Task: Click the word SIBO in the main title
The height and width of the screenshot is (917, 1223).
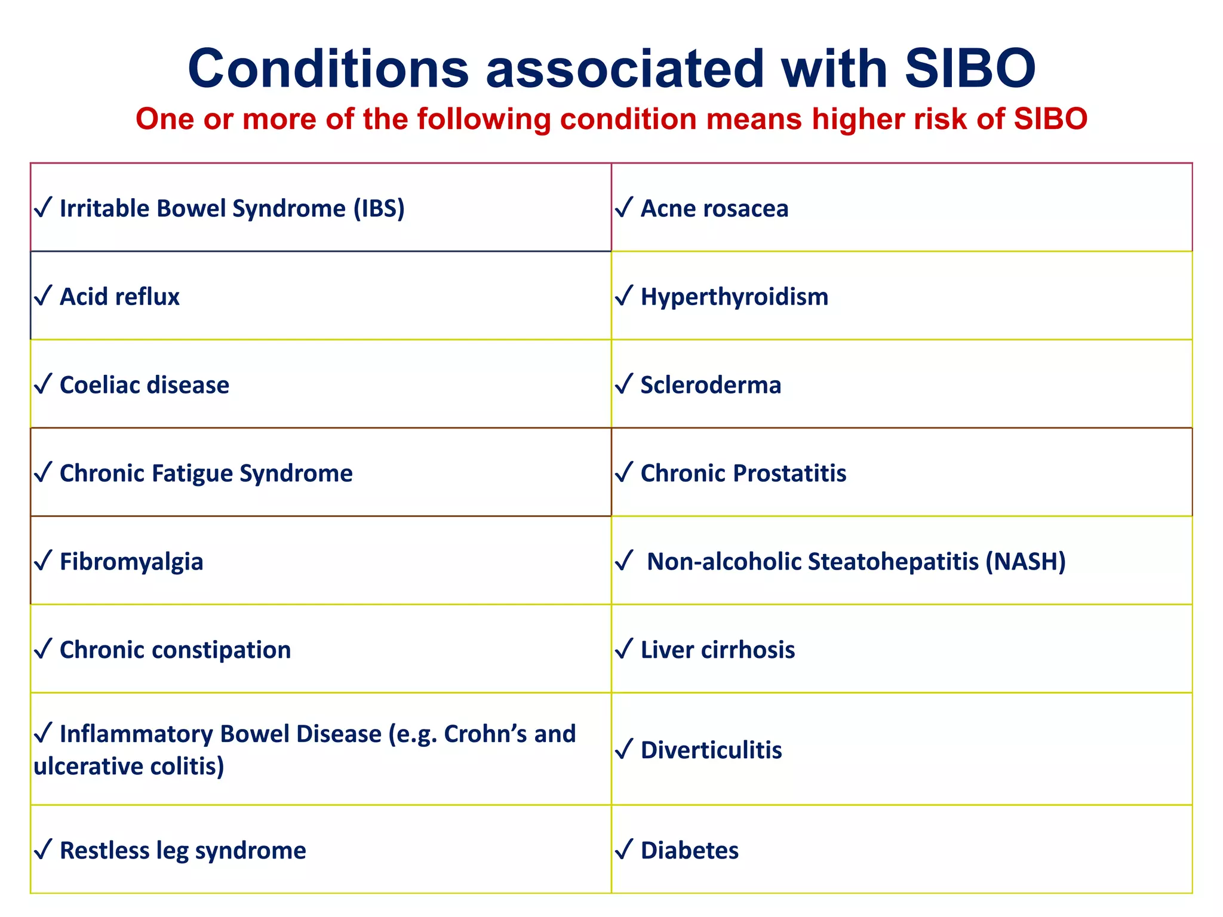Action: [x=970, y=69]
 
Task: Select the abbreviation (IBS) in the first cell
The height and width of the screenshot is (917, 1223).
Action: [x=379, y=208]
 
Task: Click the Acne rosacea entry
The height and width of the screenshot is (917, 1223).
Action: [x=714, y=208]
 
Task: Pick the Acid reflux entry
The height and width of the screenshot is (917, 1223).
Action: [x=119, y=297]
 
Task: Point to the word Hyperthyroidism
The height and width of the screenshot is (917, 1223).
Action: [x=734, y=297]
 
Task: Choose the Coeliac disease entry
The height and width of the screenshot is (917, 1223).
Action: [x=144, y=385]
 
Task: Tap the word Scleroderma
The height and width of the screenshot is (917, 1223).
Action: [x=711, y=385]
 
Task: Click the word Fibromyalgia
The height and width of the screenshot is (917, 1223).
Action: [x=131, y=562]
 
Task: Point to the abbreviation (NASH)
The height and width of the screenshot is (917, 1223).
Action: [x=1025, y=562]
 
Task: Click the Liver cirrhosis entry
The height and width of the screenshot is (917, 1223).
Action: [x=717, y=650]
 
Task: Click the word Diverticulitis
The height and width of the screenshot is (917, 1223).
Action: [x=711, y=750]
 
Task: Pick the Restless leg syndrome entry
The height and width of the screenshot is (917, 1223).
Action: [x=183, y=851]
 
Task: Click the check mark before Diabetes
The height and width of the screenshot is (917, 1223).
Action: [x=623, y=850]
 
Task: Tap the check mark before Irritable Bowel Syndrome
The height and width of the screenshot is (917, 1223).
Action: [x=43, y=208]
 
